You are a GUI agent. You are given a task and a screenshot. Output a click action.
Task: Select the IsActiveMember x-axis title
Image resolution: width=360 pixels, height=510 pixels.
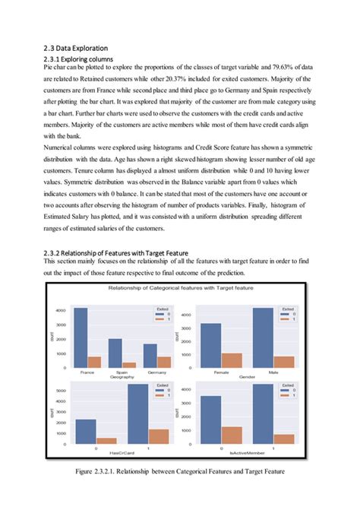pyautogui.click(x=247, y=453)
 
